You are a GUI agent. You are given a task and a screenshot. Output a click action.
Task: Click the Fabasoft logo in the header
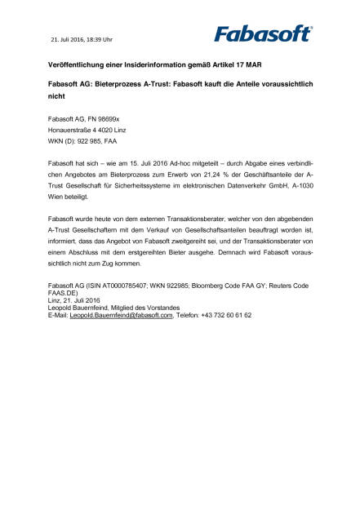click(x=263, y=33)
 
